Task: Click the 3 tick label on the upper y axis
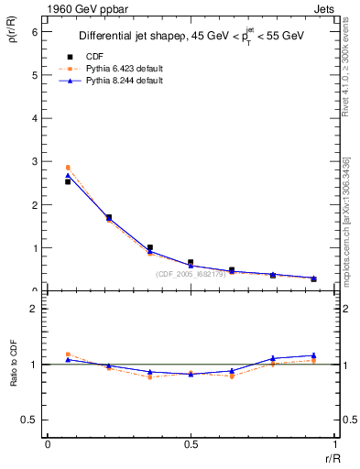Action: coord(34,161)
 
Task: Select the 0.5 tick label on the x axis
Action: coord(191,444)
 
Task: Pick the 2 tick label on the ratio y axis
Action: coord(34,309)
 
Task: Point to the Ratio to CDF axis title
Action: coord(14,364)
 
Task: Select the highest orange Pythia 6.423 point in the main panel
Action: coord(68,168)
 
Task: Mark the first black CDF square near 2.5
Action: coord(68,181)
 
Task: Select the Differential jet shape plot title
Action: coord(190,38)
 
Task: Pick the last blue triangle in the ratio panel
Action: coord(313,355)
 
